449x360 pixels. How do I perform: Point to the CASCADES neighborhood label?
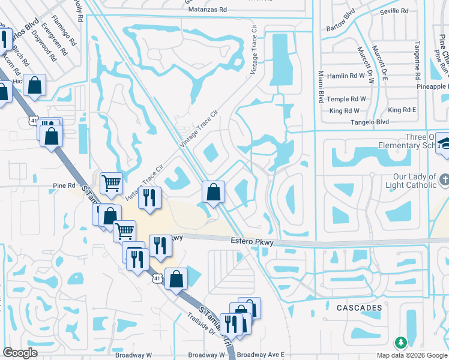pos(359,308)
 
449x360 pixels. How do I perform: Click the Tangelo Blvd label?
pos(370,122)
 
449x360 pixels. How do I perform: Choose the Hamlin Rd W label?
pos(349,76)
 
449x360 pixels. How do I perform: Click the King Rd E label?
pos(402,110)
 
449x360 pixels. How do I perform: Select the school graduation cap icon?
pos(444,144)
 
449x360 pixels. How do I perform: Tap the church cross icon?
pos(443,179)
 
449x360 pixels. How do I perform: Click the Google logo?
pos(20,353)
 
